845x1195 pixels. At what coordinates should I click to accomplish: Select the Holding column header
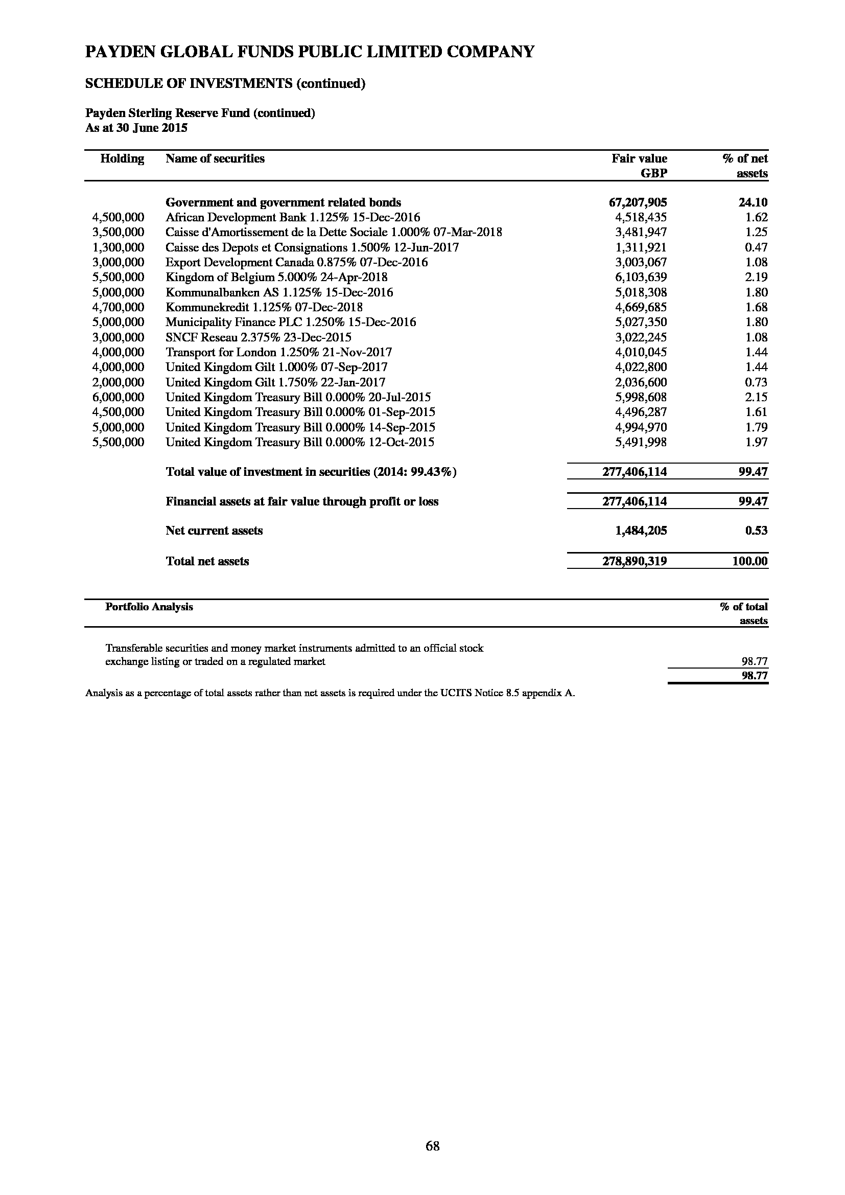click(122, 159)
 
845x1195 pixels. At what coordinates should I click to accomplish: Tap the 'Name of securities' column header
click(215, 159)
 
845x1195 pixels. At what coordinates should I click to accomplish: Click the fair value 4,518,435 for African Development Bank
click(641, 218)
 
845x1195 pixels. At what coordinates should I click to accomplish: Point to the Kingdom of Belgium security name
click(276, 278)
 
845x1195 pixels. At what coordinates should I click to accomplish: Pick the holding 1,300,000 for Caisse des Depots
click(118, 248)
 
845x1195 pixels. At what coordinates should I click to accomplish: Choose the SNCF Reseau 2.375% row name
click(258, 337)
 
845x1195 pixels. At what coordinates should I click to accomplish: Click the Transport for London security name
click(278, 352)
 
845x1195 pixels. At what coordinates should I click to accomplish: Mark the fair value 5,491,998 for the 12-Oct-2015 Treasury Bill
click(641, 443)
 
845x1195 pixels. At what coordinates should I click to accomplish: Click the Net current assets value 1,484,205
click(641, 531)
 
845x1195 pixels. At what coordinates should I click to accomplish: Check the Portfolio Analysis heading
click(149, 607)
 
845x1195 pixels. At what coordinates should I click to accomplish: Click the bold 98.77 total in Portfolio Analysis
click(755, 676)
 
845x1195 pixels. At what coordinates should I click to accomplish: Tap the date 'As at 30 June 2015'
click(136, 128)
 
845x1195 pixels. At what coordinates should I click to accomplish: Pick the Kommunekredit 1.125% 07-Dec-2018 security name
click(264, 308)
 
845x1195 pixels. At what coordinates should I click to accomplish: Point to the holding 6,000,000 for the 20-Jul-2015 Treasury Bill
click(118, 398)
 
